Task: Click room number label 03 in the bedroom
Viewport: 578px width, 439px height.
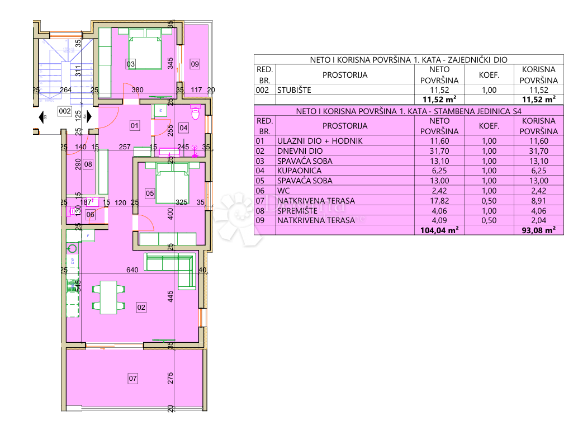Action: click(131, 64)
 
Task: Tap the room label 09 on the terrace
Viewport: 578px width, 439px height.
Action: click(195, 64)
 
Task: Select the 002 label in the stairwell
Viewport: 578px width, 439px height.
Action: click(65, 111)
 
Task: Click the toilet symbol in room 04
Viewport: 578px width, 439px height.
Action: click(195, 112)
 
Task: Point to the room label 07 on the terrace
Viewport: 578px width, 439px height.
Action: click(132, 379)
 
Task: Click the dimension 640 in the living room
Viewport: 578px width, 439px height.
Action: click(132, 270)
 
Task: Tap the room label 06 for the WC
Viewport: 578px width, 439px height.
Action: click(91, 214)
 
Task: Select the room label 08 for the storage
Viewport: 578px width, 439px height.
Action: click(88, 164)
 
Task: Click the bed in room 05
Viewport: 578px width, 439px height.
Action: click(172, 185)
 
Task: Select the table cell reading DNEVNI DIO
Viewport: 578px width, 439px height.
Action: click(300, 151)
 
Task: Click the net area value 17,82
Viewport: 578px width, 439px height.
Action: click(439, 201)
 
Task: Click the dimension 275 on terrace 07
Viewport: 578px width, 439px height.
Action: click(170, 379)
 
